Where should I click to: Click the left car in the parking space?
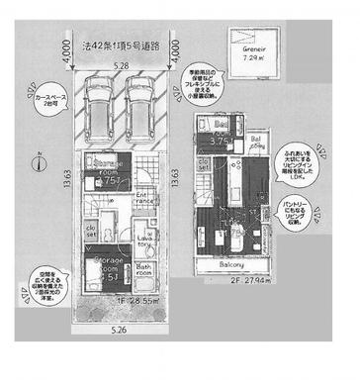99,104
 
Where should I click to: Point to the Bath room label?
143,269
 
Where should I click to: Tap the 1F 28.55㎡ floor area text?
127,297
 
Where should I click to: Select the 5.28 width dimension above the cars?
120,66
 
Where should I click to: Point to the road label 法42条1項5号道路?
119,45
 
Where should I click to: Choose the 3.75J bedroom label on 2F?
224,138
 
